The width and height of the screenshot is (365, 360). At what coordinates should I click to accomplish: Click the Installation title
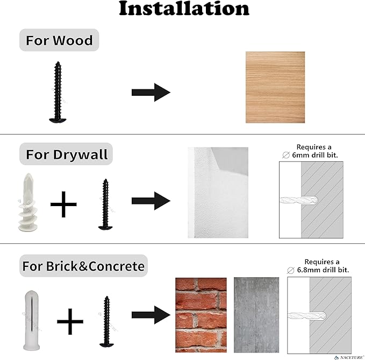pyautogui.click(x=184, y=9)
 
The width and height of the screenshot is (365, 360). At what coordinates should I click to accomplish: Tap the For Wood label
pyautogui.click(x=59, y=40)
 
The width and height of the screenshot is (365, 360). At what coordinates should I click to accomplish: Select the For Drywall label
pyautogui.click(x=66, y=154)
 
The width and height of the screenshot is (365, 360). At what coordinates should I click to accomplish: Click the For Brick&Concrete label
pyautogui.click(x=83, y=266)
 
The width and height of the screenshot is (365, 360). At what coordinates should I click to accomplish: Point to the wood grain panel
pyautogui.click(x=275, y=87)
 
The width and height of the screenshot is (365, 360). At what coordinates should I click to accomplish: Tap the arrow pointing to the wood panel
pyautogui.click(x=151, y=92)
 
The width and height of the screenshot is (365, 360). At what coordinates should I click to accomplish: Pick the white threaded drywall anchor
pyautogui.click(x=28, y=202)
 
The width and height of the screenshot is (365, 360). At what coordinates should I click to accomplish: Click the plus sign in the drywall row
pyautogui.click(x=63, y=204)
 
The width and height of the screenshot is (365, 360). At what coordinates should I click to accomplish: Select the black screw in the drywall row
pyautogui.click(x=105, y=204)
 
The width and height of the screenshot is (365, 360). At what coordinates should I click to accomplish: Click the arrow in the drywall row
pyautogui.click(x=151, y=201)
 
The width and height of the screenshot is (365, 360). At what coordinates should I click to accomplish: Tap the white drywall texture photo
pyautogui.click(x=218, y=193)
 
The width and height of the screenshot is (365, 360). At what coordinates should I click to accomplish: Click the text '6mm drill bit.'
pyautogui.click(x=314, y=155)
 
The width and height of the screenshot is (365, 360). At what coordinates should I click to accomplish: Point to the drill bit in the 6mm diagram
pyautogui.click(x=299, y=200)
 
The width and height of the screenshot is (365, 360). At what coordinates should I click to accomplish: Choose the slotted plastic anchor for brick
pyautogui.click(x=31, y=320)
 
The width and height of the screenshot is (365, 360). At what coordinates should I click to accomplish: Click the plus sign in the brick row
pyautogui.click(x=70, y=322)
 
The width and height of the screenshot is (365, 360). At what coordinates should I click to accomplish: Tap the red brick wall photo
pyautogui.click(x=201, y=315)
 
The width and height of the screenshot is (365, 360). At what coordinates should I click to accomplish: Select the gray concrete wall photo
pyautogui.click(x=256, y=315)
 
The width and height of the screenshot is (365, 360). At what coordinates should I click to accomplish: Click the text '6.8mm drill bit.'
pyautogui.click(x=323, y=270)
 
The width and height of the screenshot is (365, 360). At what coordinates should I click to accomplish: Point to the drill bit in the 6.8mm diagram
pyautogui.click(x=307, y=316)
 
